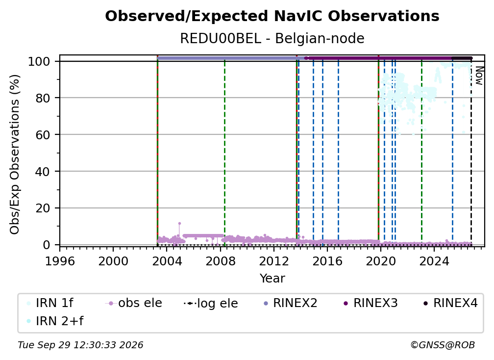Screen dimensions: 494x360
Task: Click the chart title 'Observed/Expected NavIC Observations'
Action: pos(272,16)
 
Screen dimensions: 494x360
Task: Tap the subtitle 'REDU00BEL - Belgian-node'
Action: pos(272,38)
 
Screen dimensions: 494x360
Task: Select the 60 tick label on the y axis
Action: pos(43,134)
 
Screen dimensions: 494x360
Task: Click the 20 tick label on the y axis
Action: pos(43,208)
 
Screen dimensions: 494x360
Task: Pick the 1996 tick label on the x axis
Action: pos(60,261)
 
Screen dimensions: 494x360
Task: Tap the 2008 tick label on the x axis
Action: pos(220,261)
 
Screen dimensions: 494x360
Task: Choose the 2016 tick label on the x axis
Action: pos(327,261)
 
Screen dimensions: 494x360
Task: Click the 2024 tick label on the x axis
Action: pos(434,261)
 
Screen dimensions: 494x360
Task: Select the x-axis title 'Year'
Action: pos(272,279)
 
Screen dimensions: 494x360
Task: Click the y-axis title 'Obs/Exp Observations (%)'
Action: pos(15,154)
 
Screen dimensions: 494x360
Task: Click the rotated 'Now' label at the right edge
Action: pos(479,76)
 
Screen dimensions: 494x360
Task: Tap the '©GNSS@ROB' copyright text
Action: pos(443,345)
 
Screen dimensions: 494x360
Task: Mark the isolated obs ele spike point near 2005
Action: pos(179,224)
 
